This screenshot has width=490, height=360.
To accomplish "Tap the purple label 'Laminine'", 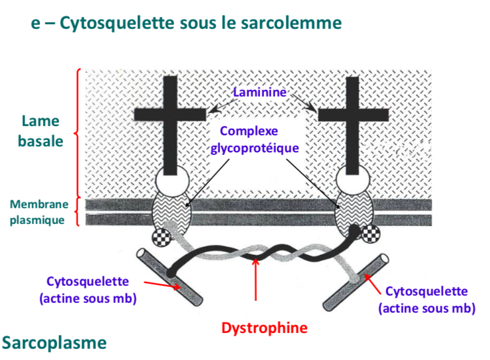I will (259, 92).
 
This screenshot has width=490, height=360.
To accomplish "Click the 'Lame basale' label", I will (41, 131).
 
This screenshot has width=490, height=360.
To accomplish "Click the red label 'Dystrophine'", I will (254, 326).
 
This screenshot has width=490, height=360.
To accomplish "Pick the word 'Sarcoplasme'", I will (54, 342).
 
